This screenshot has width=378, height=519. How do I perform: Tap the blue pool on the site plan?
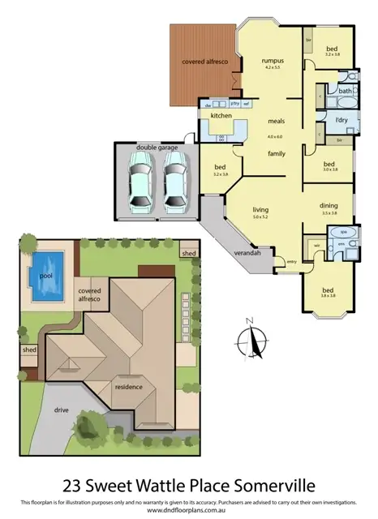47,273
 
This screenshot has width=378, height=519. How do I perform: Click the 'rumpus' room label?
272,61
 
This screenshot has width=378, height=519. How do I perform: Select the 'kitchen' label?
221,116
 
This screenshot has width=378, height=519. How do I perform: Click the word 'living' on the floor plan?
260,208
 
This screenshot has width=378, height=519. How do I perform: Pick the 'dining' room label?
329,205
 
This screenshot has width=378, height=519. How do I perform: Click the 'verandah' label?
247,254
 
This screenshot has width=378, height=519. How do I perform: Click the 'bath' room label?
345,91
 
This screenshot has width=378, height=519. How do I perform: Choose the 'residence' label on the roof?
128,387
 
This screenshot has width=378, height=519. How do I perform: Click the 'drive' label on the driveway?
61,410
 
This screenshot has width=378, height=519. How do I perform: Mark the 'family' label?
277,152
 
